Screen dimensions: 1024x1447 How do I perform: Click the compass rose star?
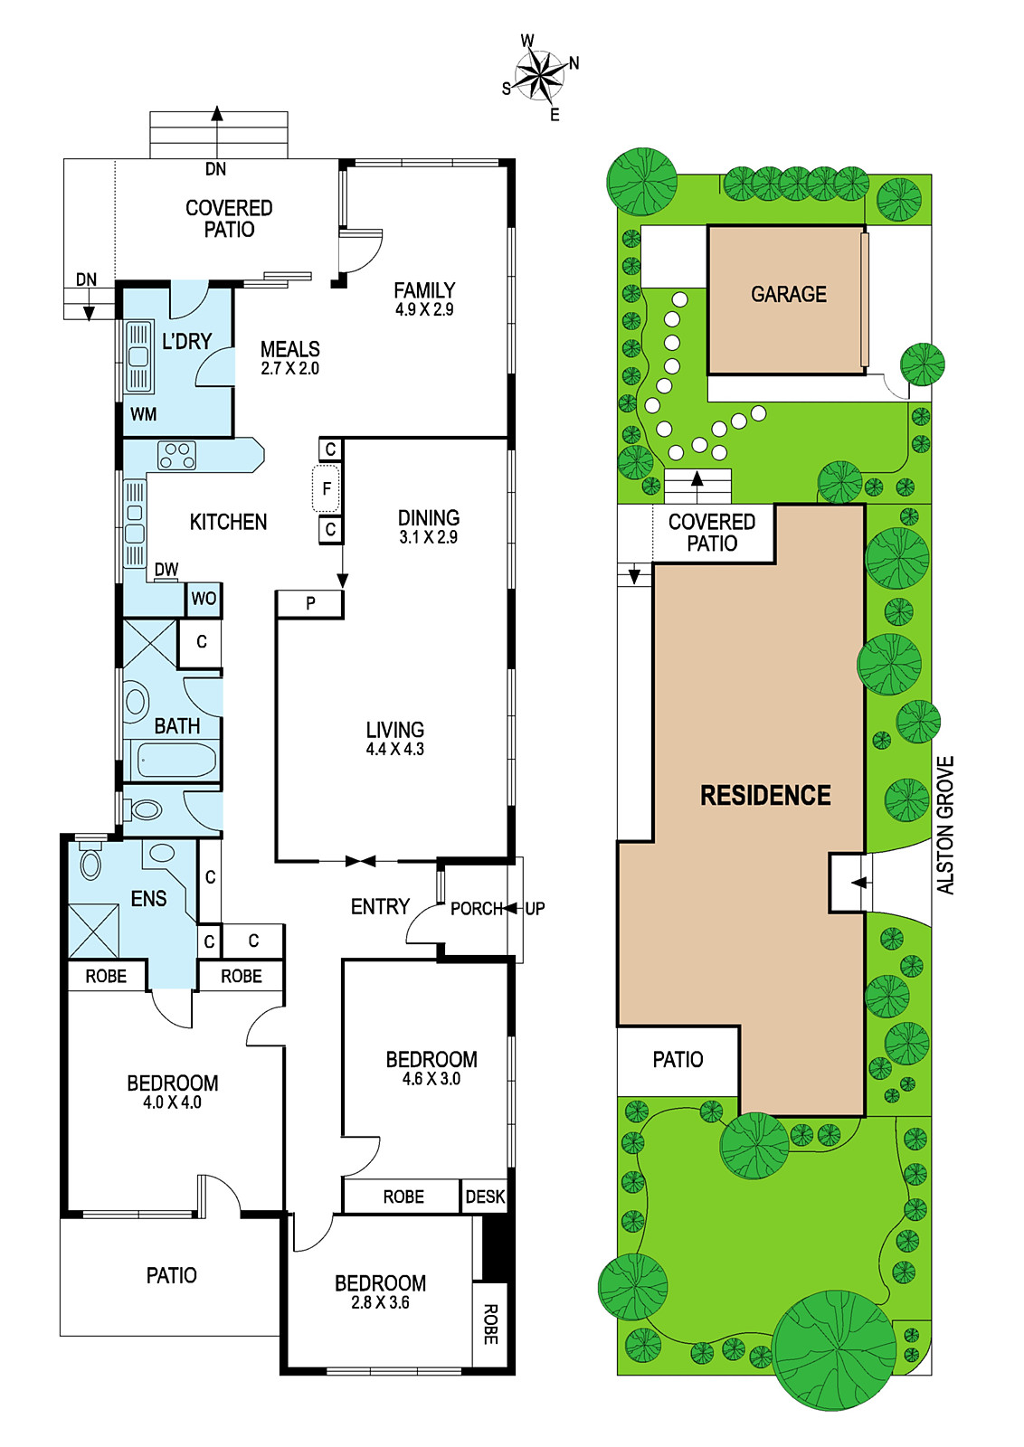539,76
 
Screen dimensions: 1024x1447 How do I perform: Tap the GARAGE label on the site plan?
788,295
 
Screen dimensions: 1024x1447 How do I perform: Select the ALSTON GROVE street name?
945,825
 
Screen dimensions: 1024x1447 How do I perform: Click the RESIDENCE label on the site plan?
765,795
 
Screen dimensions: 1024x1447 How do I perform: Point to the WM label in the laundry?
144,414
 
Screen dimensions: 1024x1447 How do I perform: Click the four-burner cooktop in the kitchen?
177,455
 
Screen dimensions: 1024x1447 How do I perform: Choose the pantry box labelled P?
310,603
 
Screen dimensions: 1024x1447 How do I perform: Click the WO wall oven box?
204,599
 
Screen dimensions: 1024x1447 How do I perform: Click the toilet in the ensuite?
91,858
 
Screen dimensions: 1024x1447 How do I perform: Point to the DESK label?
485,1197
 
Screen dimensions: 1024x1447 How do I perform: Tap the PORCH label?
476,909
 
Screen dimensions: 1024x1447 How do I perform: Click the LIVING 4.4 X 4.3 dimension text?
394,750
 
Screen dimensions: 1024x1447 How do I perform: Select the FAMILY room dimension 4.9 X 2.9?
424,309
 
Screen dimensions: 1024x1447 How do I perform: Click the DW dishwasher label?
166,569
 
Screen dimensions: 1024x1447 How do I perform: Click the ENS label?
148,899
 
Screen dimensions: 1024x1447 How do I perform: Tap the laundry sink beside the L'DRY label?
137,356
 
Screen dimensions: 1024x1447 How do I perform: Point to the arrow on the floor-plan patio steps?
217,132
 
